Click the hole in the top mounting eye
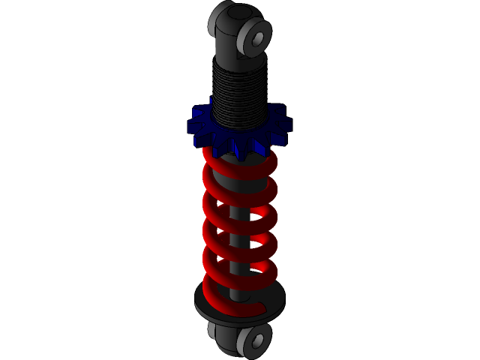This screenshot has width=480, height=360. coord(258,37)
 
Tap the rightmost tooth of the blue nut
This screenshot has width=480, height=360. coord(284,123)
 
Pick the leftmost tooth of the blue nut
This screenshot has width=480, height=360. coord(193,128)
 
